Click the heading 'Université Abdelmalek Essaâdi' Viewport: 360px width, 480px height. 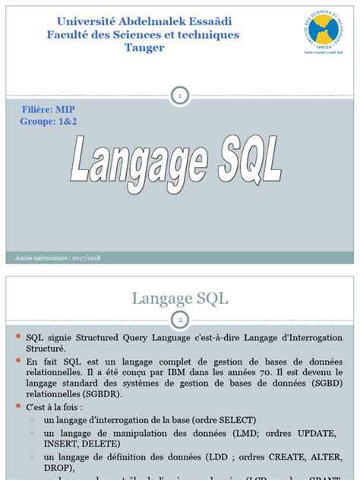(x=142, y=21)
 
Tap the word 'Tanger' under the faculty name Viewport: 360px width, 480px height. (x=144, y=48)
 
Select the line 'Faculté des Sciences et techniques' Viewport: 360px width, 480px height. (x=143, y=34)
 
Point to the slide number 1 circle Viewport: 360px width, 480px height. (x=180, y=96)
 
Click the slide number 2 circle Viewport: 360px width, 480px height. (x=180, y=319)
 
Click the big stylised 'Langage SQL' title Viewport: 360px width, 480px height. (x=178, y=163)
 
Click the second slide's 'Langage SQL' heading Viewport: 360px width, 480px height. (x=180, y=298)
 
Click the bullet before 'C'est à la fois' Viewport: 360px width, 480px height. (x=18, y=409)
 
